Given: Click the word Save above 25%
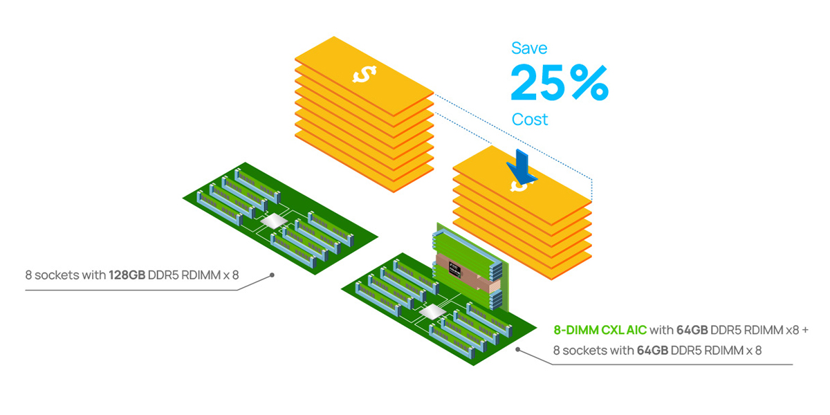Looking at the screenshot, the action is pyautogui.click(x=529, y=48).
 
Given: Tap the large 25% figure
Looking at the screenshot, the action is pyautogui.click(x=559, y=82).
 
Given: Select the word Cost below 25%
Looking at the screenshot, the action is pyautogui.click(x=530, y=120).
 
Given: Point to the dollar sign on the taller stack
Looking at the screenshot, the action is pyautogui.click(x=364, y=73).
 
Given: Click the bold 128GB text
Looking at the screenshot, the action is pyautogui.click(x=127, y=275).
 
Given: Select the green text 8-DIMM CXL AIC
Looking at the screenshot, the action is pyautogui.click(x=600, y=331).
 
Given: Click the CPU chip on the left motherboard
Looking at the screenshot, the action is pyautogui.click(x=273, y=221).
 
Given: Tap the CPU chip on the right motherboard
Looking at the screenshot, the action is pyautogui.click(x=433, y=312).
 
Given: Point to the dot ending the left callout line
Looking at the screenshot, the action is pyautogui.click(x=273, y=275).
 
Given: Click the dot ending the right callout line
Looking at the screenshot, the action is pyautogui.click(x=519, y=350).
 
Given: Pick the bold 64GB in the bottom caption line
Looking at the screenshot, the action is pyautogui.click(x=652, y=351).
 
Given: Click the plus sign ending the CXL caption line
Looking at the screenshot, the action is pyautogui.click(x=804, y=331).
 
